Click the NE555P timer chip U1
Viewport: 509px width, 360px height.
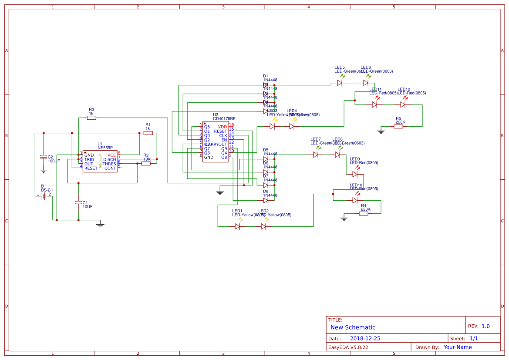(x=100, y=161)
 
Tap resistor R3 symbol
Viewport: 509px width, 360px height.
(x=91, y=118)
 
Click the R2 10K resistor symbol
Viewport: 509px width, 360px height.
(x=146, y=163)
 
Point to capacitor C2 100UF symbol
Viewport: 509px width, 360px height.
(x=43, y=156)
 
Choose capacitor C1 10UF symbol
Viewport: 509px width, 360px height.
(x=78, y=202)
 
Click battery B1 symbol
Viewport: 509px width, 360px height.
(x=44, y=196)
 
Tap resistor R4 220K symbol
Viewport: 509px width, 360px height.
(x=364, y=213)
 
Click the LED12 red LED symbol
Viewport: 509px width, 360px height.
(x=403, y=104)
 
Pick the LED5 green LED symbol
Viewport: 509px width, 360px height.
(x=340, y=83)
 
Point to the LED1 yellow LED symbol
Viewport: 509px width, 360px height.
(x=238, y=226)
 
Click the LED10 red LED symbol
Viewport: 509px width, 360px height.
(x=355, y=200)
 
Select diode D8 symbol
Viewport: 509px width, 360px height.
(x=266, y=201)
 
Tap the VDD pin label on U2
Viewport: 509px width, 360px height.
(x=222, y=127)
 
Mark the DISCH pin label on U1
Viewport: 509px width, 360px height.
(x=110, y=159)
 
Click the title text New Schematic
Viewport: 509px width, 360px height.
(x=353, y=327)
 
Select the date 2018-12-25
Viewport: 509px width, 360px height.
(x=365, y=338)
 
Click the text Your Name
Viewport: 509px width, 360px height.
(x=458, y=347)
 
